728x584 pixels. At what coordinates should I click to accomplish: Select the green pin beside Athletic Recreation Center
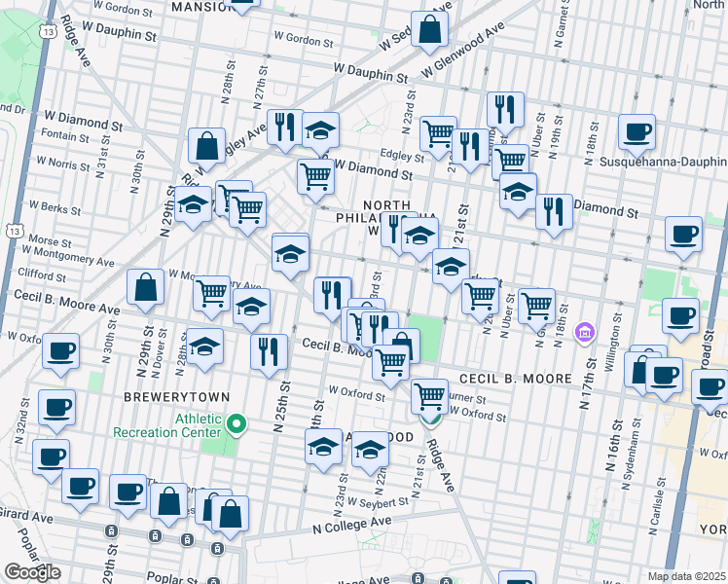237,424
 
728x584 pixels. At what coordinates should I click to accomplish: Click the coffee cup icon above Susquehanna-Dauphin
637,131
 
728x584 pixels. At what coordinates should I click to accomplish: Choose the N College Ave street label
351,524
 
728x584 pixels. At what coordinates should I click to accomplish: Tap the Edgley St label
402,156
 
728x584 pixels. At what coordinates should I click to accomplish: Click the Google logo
33,572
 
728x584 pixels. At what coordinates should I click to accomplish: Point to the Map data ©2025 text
687,576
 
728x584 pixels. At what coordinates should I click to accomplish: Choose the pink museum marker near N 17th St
583,333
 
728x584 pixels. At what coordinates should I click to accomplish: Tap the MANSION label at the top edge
200,7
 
